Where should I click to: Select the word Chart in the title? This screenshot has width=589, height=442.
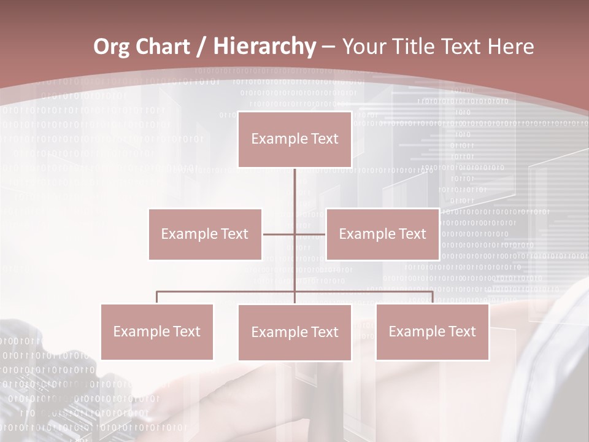click(x=164, y=47)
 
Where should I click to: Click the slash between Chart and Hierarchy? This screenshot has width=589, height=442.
click(x=200, y=47)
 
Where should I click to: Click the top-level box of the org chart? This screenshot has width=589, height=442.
click(x=294, y=139)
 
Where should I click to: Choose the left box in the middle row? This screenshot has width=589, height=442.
click(x=205, y=234)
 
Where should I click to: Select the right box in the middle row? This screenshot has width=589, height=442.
click(x=382, y=234)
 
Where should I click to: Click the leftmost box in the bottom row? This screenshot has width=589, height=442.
click(x=157, y=331)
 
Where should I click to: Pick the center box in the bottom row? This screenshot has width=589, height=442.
click(x=294, y=332)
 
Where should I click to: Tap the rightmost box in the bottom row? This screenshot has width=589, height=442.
click(x=432, y=331)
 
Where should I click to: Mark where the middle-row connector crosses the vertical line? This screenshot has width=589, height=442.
click(x=294, y=234)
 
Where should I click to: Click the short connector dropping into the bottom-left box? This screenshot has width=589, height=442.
click(x=157, y=297)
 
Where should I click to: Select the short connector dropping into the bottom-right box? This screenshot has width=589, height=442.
click(x=433, y=297)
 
